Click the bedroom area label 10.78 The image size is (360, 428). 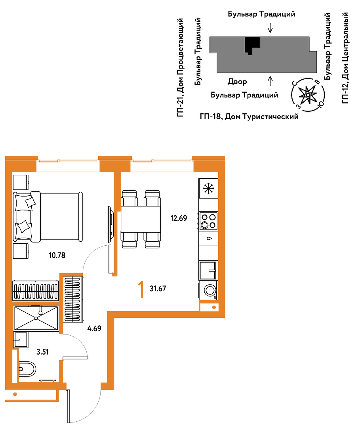(x=57, y=256)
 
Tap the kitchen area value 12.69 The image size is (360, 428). (x=179, y=218)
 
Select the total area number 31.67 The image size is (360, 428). (x=158, y=289)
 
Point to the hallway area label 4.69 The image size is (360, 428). (x=94, y=329)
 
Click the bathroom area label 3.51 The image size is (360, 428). (x=42, y=352)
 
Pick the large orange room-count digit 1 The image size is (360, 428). (x=141, y=290)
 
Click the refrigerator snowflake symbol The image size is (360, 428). (x=209, y=188)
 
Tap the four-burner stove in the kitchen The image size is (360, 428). (x=208, y=221)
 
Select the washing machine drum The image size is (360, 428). (x=210, y=290)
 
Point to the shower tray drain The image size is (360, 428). (x=36, y=318)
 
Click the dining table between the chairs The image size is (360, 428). (x=141, y=219)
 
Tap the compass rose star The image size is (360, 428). (x=308, y=94)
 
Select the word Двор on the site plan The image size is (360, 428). (x=237, y=82)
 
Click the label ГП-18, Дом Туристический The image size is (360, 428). (x=249, y=117)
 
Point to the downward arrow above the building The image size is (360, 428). (x=270, y=28)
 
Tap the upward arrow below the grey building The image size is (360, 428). (x=270, y=81)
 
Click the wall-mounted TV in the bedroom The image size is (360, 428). (x=111, y=224)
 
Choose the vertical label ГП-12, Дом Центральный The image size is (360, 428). (x=345, y=58)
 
